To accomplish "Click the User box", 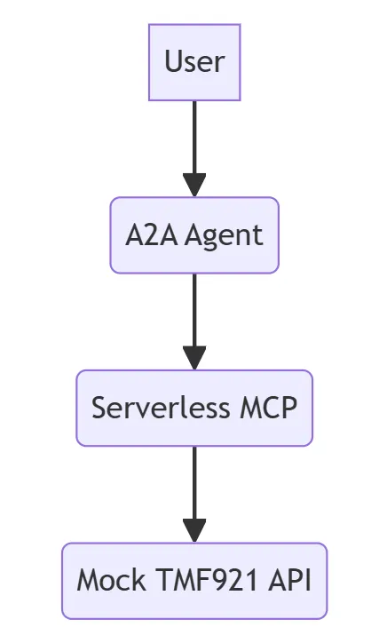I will pyautogui.click(x=194, y=62).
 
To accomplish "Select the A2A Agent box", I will pyautogui.click(x=194, y=234).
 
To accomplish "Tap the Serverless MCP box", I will pyautogui.click(x=194, y=408).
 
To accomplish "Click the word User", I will pyautogui.click(x=194, y=62).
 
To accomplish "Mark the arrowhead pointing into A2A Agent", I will pyautogui.click(x=194, y=184).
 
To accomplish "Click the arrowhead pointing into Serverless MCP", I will pyautogui.click(x=194, y=357).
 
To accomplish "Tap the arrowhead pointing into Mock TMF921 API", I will pyautogui.click(x=194, y=530).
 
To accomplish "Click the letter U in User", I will pyautogui.click(x=172, y=62).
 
